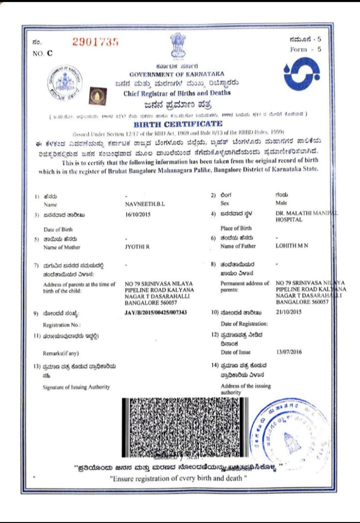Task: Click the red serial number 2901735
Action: click(x=96, y=42)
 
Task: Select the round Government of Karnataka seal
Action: click(x=65, y=84)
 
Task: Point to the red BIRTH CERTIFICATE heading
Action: click(x=178, y=124)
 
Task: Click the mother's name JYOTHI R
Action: click(x=136, y=247)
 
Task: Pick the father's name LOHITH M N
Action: click(x=292, y=247)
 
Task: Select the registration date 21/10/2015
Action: click(x=289, y=312)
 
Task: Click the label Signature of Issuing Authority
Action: click(x=76, y=387)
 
